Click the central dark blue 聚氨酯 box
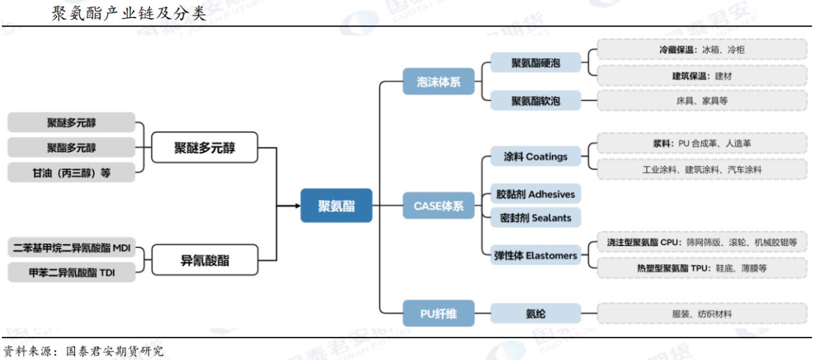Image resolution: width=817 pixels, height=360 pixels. [336, 205]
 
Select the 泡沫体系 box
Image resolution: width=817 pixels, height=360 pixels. [439, 82]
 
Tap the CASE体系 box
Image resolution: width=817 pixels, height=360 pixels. [439, 206]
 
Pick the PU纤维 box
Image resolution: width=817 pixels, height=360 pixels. [439, 314]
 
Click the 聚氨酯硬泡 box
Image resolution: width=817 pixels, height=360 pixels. [535, 63]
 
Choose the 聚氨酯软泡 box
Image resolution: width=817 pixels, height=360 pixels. [535, 100]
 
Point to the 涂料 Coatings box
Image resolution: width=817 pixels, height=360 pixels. [535, 156]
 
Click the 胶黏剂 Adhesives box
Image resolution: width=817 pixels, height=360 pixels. [535, 194]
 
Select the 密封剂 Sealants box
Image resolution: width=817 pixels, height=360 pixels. [535, 218]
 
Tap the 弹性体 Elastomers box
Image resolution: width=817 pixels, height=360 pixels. [535, 256]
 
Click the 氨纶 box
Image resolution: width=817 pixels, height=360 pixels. [535, 314]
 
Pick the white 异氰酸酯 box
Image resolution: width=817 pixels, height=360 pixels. [204, 261]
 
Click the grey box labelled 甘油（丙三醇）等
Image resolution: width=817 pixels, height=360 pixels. [72, 173]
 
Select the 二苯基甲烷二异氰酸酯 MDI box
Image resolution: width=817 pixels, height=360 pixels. [72, 248]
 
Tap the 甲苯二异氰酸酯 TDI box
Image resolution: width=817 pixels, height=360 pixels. [72, 272]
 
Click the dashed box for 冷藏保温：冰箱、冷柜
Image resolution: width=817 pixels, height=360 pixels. [702, 50]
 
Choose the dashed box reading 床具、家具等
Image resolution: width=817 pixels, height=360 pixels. [702, 100]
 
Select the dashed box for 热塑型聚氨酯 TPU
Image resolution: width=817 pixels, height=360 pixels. [702, 267]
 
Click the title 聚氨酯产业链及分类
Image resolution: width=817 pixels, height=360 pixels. [129, 14]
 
